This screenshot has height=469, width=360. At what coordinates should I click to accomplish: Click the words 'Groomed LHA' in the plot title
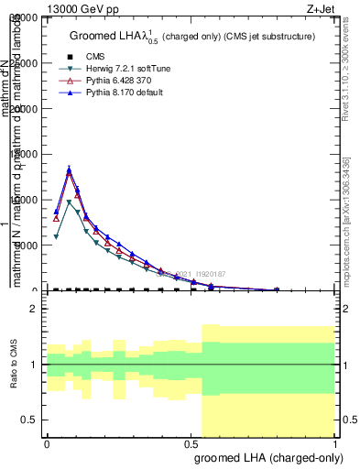pos(100,36)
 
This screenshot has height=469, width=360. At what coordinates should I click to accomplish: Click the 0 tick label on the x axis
pos(47,444)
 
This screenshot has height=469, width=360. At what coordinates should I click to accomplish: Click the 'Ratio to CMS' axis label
pos(14,365)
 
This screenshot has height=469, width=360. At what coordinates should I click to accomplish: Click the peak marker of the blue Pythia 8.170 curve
pos(70,169)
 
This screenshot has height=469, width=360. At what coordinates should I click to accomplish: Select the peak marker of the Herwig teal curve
pos(70,202)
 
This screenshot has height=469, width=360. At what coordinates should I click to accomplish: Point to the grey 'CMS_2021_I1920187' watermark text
pos(192,273)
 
